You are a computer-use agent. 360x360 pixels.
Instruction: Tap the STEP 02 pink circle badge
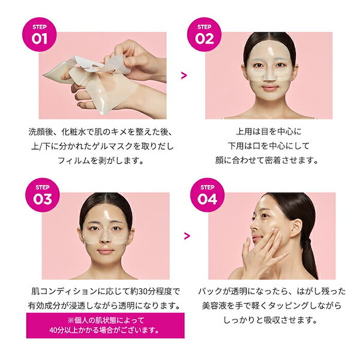205,34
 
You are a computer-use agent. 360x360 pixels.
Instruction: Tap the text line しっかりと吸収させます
265,320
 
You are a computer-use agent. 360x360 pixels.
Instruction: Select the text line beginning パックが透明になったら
265,291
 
